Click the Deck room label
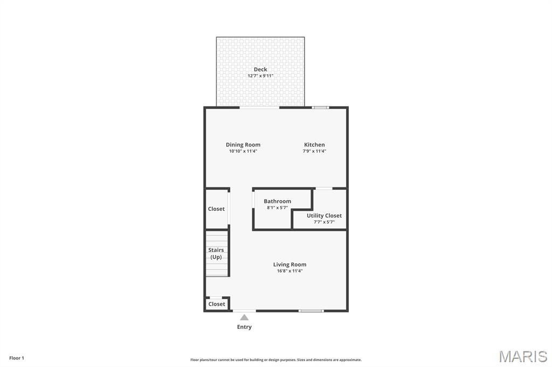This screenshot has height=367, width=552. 260,69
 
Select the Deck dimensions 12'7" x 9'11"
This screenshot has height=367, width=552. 260,76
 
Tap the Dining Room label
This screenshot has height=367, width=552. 243,145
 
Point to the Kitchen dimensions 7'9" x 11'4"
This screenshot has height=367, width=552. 314,151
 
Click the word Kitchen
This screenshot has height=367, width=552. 314,145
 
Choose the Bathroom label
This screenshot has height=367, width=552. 277,201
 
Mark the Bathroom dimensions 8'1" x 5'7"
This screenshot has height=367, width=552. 277,208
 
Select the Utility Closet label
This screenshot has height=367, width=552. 324,216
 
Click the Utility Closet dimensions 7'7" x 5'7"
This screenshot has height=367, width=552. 324,222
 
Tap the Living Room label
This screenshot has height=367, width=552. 289,265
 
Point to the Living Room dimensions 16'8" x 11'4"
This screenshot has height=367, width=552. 289,271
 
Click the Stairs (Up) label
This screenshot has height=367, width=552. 216,253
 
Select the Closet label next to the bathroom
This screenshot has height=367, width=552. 216,209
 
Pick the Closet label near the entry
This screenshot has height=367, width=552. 217,304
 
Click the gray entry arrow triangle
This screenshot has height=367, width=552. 244,317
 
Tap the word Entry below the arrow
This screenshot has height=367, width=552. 244,327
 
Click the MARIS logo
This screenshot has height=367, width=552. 522,356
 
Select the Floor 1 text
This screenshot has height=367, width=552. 17,358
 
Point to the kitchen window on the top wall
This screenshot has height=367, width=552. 321,108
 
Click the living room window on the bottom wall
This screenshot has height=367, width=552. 311,310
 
